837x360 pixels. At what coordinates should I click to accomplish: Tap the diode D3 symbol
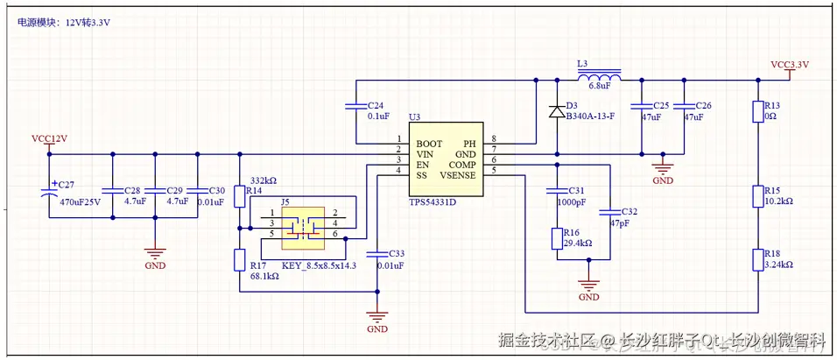coord(555,111)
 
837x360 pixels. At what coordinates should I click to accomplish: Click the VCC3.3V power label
coord(790,65)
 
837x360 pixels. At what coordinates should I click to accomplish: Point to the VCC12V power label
coord(49,139)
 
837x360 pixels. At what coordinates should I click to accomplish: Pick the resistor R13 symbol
coord(758,111)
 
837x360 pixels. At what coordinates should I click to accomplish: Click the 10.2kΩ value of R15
coord(778,201)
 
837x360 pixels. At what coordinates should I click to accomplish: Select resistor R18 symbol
coord(758,261)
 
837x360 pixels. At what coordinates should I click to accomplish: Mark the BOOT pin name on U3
coord(429,143)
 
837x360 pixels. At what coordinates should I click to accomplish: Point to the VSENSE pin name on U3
coord(459,175)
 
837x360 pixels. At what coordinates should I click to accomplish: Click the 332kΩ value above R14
coord(263,180)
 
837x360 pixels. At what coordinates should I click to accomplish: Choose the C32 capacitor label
coord(629,212)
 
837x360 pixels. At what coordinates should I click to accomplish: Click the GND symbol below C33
coord(377,319)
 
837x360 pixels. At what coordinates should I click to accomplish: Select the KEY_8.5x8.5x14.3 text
coord(319,265)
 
